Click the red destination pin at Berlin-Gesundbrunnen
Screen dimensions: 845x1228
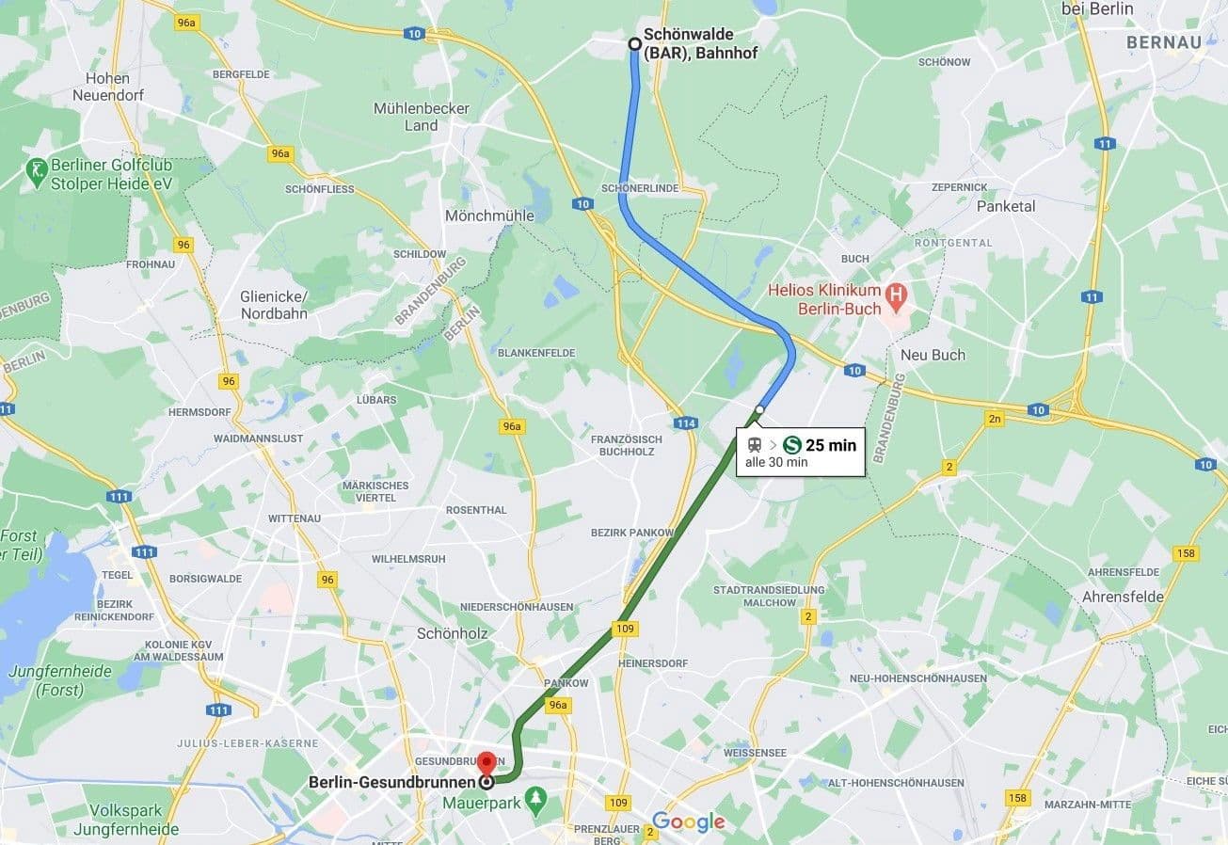(x=486, y=762)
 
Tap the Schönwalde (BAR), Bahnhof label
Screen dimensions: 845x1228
(x=700, y=44)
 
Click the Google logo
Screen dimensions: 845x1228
(x=689, y=821)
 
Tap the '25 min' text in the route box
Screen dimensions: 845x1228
(x=831, y=445)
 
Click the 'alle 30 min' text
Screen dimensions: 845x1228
(x=776, y=462)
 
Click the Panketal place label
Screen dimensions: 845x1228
(x=1005, y=206)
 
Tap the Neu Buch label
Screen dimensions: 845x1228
(x=933, y=355)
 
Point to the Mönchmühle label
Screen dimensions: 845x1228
(x=489, y=215)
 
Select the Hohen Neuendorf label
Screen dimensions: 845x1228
(x=107, y=87)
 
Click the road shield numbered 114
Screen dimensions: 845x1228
(x=686, y=423)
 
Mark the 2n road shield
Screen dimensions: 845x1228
(x=995, y=419)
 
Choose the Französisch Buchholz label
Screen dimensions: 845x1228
(x=626, y=445)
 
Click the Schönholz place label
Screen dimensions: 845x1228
(x=452, y=633)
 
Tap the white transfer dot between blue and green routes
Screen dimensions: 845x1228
(x=759, y=410)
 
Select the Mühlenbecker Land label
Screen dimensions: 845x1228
(x=421, y=117)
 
